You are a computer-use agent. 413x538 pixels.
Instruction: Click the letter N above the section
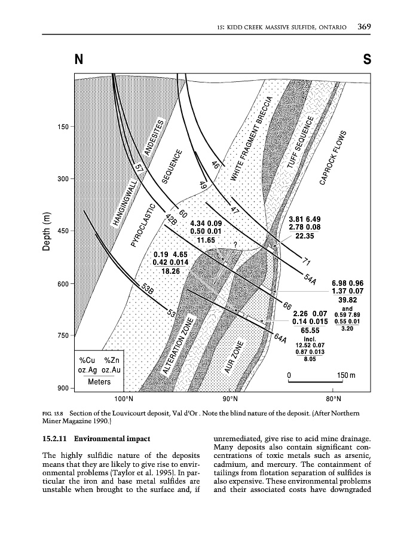(78, 60)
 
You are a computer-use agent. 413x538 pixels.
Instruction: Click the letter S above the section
(366, 60)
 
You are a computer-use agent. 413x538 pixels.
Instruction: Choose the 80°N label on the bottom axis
(334, 398)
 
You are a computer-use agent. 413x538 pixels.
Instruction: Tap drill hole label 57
(140, 170)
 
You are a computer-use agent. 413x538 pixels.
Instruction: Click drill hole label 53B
(148, 290)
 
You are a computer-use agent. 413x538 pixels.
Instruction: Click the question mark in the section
(235, 244)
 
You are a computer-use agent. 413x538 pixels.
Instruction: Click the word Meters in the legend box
(99, 381)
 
